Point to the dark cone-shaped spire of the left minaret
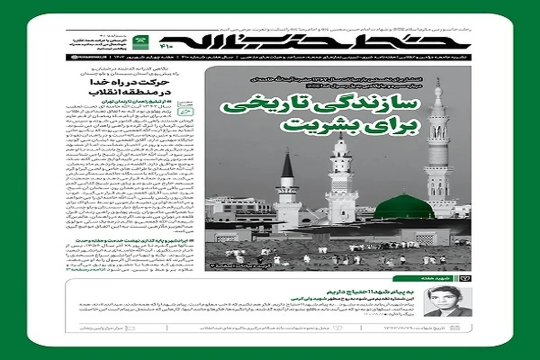(287, 164)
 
